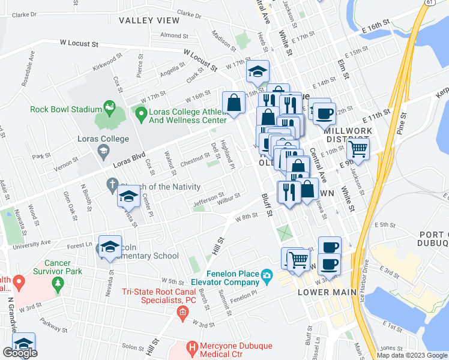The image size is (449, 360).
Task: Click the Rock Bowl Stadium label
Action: pos(65,109)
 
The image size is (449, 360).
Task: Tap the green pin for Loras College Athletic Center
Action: pos(141,113)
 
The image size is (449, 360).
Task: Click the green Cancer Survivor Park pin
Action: pos(58,284)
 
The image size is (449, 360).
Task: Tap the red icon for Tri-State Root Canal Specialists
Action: pos(182,311)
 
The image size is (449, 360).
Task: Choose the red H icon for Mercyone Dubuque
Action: pos(192,347)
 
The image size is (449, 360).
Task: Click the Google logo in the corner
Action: pos(20,353)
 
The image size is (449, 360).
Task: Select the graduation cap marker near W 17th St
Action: pos(258,71)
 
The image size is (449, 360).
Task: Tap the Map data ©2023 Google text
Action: pos(412,355)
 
